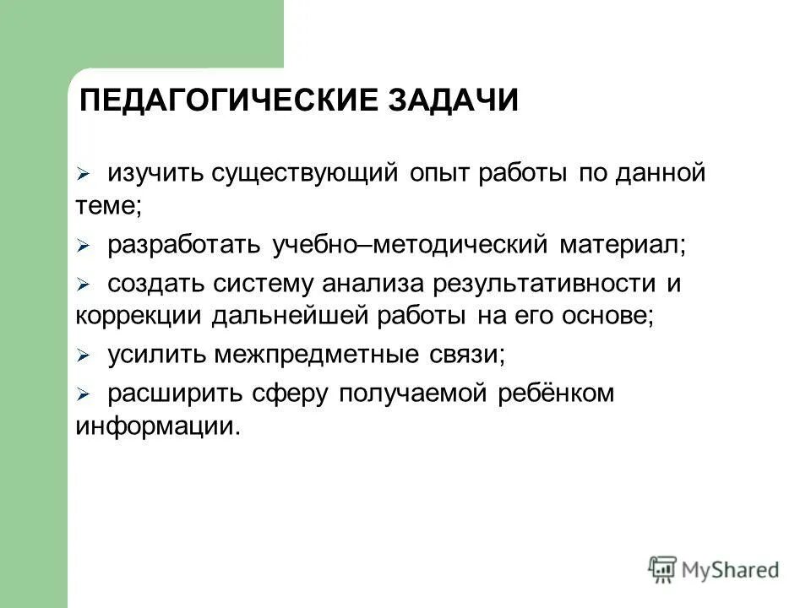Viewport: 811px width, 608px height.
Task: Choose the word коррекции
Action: tap(139, 316)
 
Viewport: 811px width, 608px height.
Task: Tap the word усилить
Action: tap(155, 356)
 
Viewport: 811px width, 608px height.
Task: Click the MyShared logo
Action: tap(714, 569)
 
